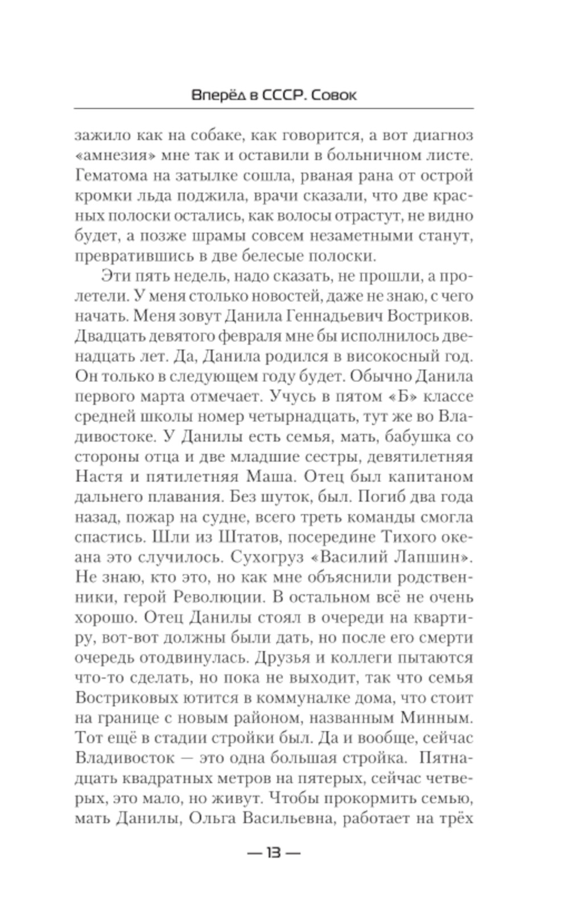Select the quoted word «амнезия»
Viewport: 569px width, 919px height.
(x=112, y=156)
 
